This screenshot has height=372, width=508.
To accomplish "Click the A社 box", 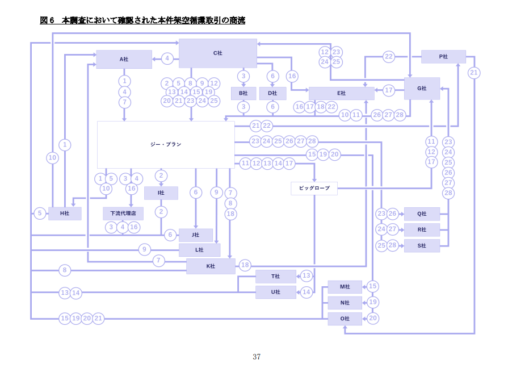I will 124,59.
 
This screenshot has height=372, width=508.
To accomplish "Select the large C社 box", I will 218,53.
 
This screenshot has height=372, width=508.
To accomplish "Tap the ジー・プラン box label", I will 166,144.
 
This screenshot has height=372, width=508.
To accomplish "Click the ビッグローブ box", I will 314,188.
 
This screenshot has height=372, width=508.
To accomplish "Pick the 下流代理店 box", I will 123,214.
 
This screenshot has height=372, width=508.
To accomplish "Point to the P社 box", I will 443,57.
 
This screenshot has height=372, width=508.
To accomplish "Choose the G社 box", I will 422,88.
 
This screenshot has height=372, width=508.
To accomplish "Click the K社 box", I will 211,266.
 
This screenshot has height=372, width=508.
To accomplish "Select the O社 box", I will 345,319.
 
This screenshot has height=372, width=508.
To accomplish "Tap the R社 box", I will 422,229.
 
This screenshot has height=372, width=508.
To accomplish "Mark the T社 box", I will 275,276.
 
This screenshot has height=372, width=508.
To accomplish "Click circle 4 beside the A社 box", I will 167,58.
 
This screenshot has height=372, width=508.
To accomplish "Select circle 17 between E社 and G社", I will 389,90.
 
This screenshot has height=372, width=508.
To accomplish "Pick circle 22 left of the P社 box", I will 388,57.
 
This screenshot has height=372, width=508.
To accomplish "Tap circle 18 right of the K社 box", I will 245,265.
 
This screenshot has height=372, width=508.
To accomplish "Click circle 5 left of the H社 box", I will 40,214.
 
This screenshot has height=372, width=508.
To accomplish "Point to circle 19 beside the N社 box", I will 372,302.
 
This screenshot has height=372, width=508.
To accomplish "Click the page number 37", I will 257,357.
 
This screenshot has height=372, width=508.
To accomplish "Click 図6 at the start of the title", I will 47,20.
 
